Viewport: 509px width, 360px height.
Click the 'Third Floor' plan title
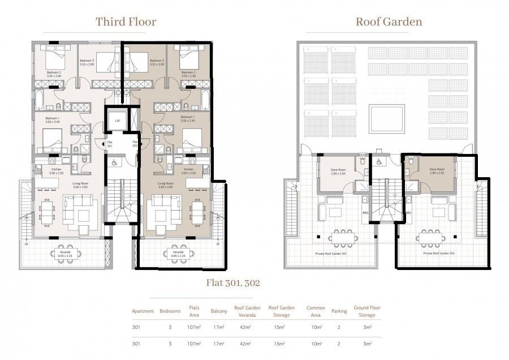point(126,22)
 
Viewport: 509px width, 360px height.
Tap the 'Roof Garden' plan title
point(389,22)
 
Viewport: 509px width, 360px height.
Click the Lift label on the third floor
point(117,121)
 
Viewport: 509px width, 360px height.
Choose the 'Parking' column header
point(338,311)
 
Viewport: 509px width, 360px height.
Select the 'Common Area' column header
point(316,311)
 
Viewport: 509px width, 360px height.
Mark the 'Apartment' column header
point(143,311)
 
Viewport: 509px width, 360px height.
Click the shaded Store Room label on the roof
point(437,170)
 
